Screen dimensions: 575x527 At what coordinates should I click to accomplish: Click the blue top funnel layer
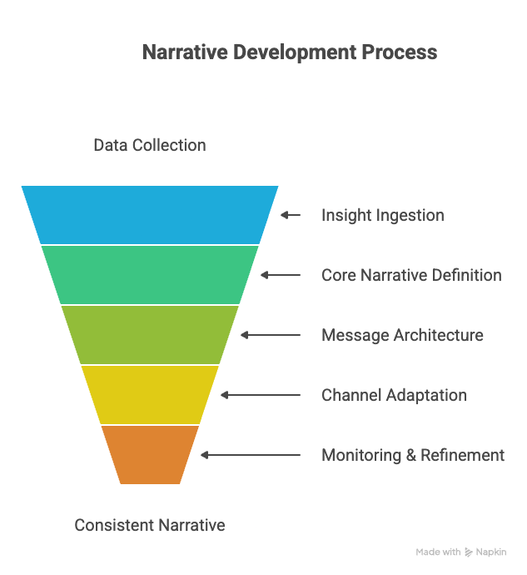(150, 214)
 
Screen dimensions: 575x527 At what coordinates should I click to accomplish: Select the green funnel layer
(150, 274)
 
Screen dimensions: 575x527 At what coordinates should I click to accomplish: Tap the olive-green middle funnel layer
(150, 334)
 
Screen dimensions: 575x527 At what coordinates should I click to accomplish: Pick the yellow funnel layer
(150, 394)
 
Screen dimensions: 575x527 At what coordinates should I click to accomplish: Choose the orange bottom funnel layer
(150, 454)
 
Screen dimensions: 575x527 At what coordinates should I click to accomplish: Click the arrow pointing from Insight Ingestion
(290, 215)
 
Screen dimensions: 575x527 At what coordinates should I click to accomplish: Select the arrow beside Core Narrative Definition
(280, 275)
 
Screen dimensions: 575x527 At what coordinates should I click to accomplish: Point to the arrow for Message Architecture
(270, 335)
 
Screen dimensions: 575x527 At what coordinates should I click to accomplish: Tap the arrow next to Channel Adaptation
(260, 395)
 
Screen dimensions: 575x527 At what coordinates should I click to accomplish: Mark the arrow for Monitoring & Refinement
(250, 455)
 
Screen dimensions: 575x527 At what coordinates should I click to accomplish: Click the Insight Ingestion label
(383, 215)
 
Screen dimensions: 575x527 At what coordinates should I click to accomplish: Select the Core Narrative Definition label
(411, 275)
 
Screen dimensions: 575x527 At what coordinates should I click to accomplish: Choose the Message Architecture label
(402, 335)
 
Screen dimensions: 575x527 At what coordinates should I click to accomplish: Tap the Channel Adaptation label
(394, 395)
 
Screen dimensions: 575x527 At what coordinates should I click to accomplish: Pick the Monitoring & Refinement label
(413, 455)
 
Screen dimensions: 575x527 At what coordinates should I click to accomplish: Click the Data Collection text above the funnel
(150, 145)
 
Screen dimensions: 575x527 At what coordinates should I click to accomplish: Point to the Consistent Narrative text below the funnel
(150, 525)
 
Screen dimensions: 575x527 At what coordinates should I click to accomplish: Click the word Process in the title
(399, 52)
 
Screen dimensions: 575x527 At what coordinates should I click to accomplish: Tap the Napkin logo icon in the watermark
(470, 552)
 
